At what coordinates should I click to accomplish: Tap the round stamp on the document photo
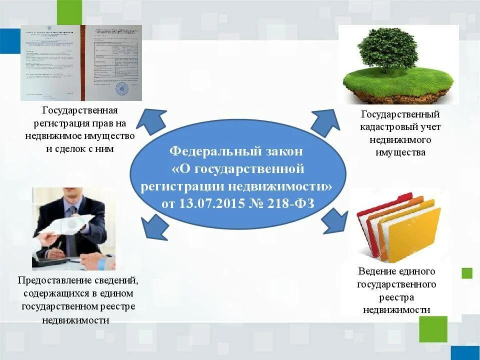(x=121, y=89)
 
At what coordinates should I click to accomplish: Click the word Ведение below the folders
(x=375, y=271)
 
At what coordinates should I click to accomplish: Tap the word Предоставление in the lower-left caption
(x=50, y=281)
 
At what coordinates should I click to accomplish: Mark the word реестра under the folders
(x=396, y=297)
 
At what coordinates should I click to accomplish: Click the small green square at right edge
(x=467, y=273)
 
